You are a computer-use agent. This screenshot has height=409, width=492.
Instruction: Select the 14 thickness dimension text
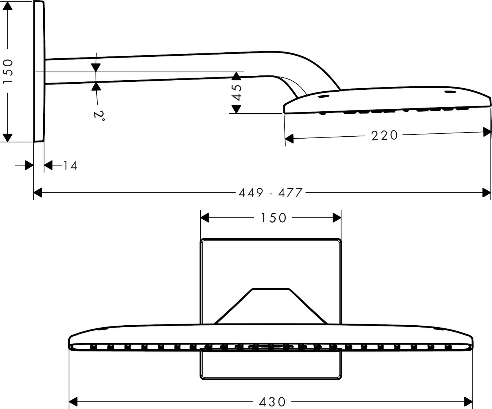(70, 165)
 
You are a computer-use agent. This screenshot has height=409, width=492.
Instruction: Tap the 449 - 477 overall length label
(270, 192)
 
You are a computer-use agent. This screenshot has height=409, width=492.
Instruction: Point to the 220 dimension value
(385, 135)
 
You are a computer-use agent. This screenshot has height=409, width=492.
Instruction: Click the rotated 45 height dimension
(236, 92)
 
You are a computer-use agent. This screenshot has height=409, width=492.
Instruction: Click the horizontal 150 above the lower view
(273, 218)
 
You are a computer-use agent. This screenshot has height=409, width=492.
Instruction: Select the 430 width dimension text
(272, 401)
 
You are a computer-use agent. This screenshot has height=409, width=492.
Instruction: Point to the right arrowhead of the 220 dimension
(487, 132)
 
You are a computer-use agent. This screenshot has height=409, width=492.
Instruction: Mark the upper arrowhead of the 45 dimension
(236, 76)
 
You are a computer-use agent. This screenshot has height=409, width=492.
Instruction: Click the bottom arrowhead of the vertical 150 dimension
(8, 137)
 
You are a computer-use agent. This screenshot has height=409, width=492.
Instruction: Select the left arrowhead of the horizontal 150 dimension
(205, 218)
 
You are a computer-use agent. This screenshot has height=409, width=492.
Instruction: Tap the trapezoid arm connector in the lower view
(271, 307)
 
